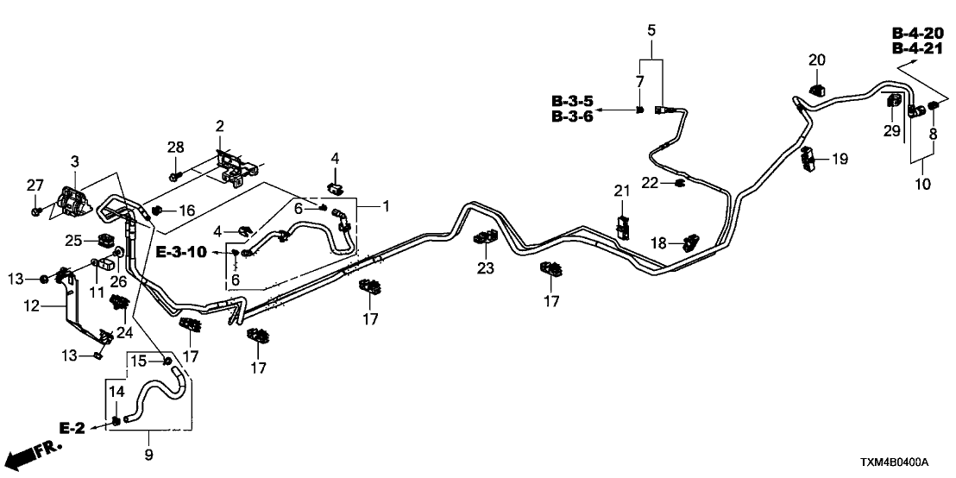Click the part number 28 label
click(x=175, y=147)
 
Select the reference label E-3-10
click(x=181, y=251)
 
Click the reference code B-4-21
click(x=916, y=48)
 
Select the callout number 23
click(x=486, y=268)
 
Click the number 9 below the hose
click(x=149, y=452)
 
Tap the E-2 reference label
click(x=73, y=427)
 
